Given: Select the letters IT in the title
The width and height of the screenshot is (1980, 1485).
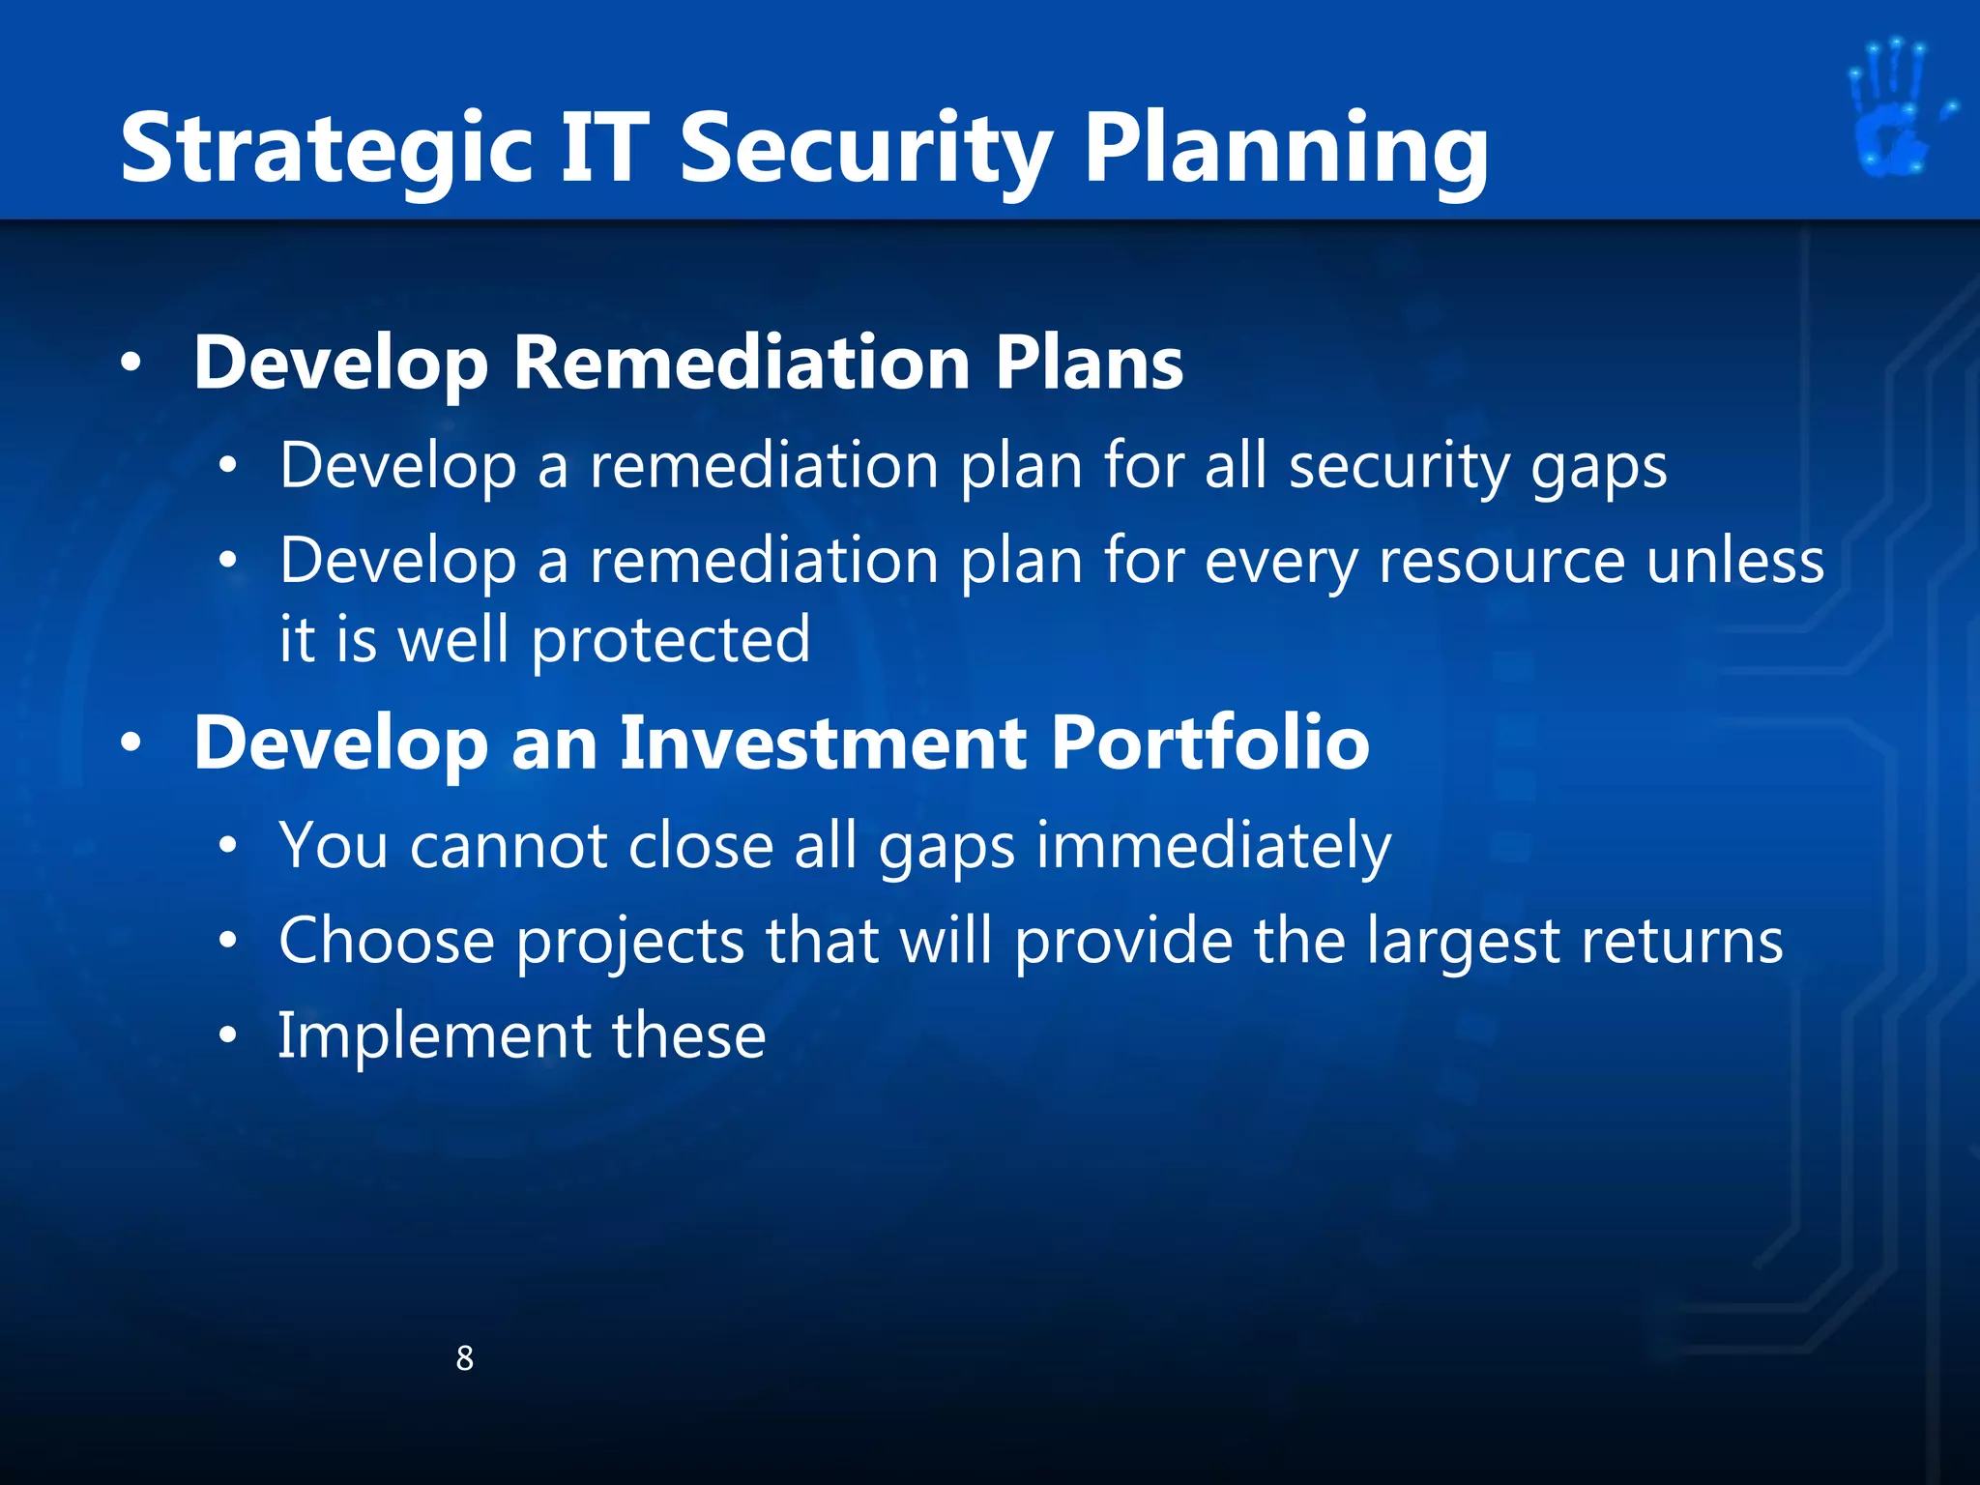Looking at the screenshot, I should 604,147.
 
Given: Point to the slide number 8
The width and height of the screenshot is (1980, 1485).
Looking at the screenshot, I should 464,1357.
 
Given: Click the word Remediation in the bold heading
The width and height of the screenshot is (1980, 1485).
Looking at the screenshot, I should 741,363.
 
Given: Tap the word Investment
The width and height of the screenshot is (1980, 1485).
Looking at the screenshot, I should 823,742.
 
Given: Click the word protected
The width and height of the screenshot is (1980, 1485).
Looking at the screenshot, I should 671,640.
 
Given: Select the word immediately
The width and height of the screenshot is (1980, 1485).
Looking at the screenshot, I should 1213,847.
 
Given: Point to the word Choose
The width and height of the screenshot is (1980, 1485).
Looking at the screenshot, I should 387,941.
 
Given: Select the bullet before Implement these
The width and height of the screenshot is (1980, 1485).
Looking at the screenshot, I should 227,1036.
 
